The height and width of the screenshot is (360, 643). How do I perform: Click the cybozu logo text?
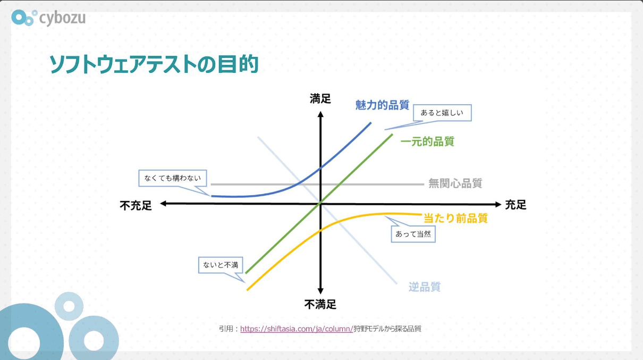click(x=62, y=19)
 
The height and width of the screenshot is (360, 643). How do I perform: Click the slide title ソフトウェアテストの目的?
click(x=154, y=64)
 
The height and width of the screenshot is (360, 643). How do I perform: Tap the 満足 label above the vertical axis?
click(x=320, y=99)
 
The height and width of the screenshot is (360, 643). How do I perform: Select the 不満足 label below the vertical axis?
click(x=320, y=304)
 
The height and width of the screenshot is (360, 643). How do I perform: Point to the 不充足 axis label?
click(x=136, y=205)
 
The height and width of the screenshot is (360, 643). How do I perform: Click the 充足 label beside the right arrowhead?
click(x=516, y=205)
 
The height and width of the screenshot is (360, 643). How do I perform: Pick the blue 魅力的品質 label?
click(x=383, y=105)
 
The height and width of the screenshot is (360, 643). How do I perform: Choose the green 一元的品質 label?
click(x=427, y=141)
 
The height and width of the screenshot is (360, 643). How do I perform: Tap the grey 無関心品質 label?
click(x=455, y=183)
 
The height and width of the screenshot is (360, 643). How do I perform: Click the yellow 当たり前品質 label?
click(x=456, y=218)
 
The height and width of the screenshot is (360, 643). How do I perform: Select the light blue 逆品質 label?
click(x=425, y=287)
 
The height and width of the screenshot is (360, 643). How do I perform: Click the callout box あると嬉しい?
click(x=442, y=113)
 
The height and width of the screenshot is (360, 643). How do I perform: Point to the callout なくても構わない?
click(x=173, y=178)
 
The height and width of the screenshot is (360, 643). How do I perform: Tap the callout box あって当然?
click(x=413, y=234)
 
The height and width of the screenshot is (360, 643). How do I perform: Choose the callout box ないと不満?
click(x=221, y=265)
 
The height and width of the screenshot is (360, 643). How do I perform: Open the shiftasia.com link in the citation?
click(x=297, y=329)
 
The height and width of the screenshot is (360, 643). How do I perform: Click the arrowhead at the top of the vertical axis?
click(x=320, y=114)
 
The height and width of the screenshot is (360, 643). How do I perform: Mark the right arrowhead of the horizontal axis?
click(x=498, y=204)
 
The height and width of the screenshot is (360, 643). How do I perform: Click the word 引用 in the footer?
click(x=226, y=329)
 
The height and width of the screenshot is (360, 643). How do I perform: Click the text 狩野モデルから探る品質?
click(x=387, y=329)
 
